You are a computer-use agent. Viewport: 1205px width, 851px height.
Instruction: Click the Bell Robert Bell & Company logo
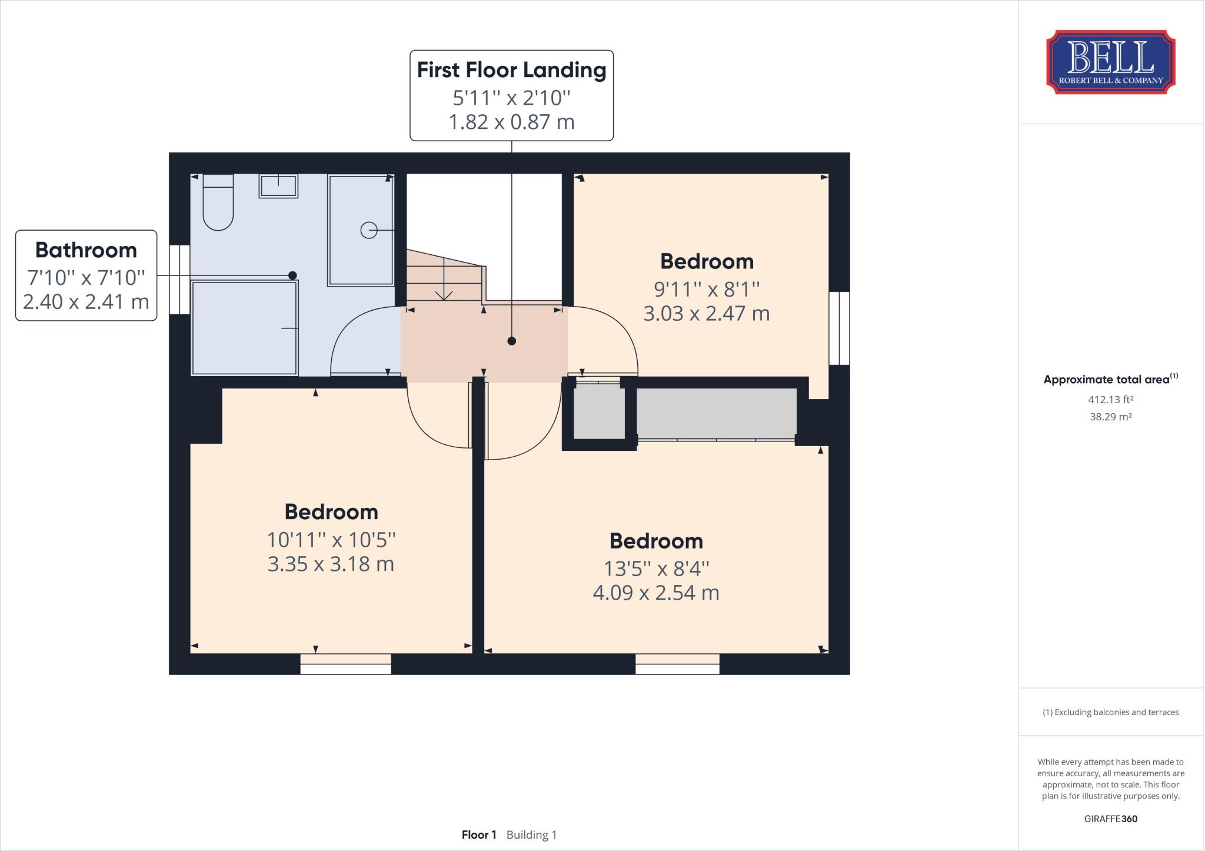click(x=1110, y=62)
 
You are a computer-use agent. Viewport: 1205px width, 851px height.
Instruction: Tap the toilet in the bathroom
click(x=218, y=203)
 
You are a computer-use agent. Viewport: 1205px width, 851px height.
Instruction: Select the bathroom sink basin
click(x=278, y=186)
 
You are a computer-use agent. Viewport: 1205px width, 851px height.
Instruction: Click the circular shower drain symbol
click(x=368, y=230)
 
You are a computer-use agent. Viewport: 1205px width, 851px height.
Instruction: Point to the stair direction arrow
click(x=444, y=292)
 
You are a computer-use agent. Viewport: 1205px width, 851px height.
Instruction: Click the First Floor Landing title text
click(x=511, y=70)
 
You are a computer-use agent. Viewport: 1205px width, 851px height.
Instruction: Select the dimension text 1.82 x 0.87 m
click(x=511, y=122)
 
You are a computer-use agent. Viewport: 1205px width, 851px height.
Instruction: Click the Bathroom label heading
click(x=86, y=250)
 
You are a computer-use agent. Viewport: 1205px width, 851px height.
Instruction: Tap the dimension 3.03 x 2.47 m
click(x=706, y=314)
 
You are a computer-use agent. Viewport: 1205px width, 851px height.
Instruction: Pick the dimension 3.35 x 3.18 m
click(x=331, y=564)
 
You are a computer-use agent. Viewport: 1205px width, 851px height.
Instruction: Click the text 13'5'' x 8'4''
click(x=656, y=569)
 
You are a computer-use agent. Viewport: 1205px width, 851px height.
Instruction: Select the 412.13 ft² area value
click(x=1110, y=400)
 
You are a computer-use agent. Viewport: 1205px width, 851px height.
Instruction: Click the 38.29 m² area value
click(x=1110, y=417)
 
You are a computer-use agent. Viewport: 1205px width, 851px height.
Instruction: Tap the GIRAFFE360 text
click(x=1110, y=819)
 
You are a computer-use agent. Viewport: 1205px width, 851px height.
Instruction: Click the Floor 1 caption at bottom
click(x=479, y=835)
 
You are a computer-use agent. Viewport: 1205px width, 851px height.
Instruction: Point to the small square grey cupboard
click(x=599, y=412)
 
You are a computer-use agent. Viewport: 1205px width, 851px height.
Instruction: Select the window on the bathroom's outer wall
click(x=179, y=280)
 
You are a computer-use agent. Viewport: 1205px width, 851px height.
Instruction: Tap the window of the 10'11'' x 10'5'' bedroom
click(x=345, y=664)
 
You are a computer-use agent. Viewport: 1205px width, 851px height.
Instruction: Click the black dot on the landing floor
click(x=511, y=341)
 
